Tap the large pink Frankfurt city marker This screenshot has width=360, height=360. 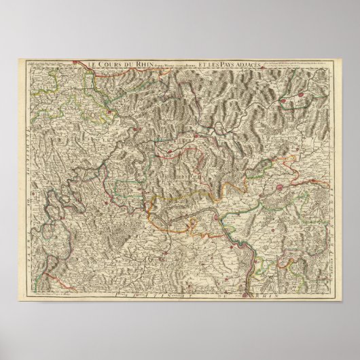click(x=281, y=184)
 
